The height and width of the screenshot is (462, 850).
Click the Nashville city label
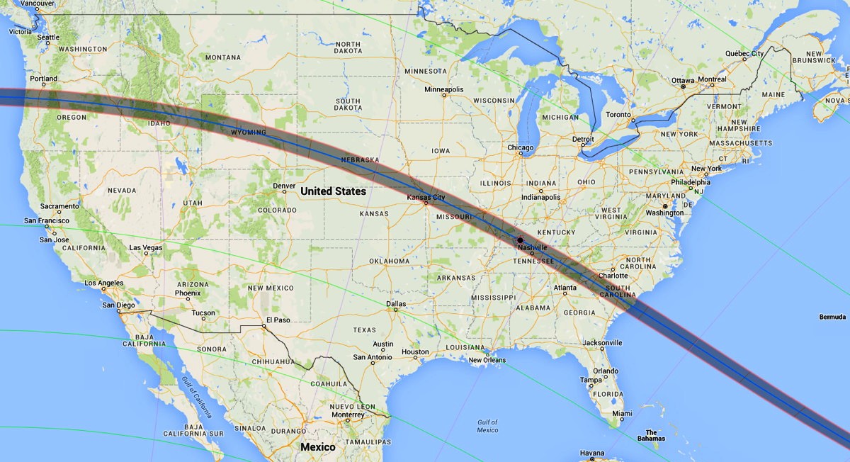pos(532,247)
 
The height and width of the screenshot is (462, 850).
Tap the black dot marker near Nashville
pos(521,240)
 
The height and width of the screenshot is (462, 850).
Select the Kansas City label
pos(426,197)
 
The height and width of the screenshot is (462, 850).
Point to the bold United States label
pos(333,191)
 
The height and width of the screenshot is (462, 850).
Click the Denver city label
pos(284,186)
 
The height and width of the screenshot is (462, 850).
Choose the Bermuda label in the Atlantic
pos(832,316)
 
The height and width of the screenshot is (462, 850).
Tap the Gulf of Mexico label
pos(487,426)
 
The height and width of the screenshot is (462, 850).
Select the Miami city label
pos(622,413)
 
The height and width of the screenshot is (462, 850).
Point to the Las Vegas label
pos(146,248)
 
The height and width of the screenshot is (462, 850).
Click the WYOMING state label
pos(248,133)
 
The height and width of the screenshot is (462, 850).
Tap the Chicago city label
pos(520,147)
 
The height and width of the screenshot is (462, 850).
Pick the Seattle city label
pos(48,38)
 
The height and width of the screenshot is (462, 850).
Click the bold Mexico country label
pos(317,447)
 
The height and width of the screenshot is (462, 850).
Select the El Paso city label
pos(277,320)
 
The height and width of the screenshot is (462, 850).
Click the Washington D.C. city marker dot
pos(664,206)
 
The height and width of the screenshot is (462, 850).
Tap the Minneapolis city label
pos(443,89)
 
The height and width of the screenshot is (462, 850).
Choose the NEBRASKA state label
pos(360,160)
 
